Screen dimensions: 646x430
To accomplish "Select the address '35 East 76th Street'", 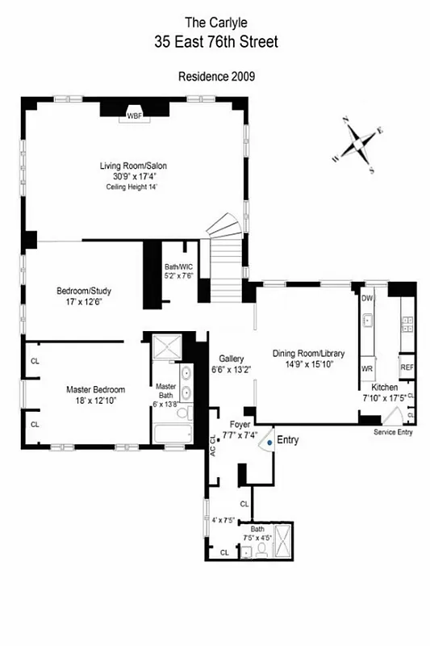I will click(x=215, y=42).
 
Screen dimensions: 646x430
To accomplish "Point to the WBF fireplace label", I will click(x=133, y=115).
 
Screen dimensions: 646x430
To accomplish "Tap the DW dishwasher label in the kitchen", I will click(x=367, y=299).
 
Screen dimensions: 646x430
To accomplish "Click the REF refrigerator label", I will click(x=407, y=367).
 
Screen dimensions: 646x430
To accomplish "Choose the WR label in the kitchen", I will click(x=366, y=368).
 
